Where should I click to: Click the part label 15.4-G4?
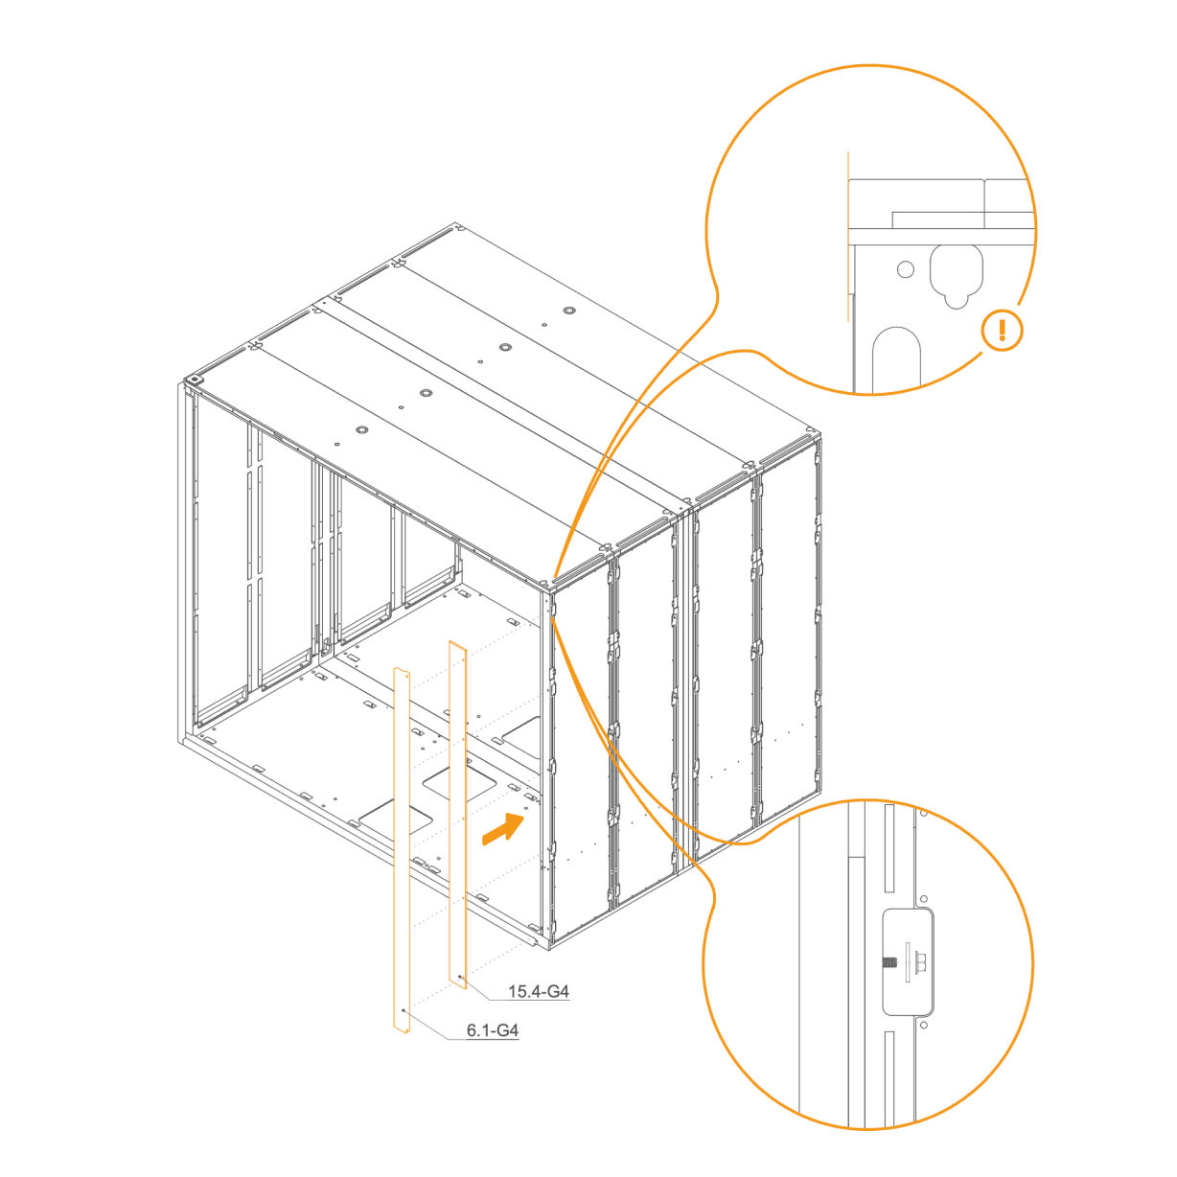pos(538,991)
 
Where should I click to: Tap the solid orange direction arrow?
pos(503,829)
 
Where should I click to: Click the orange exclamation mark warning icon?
pos(1002,331)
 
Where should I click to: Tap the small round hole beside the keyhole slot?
pos(905,268)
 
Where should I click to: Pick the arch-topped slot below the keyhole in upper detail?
pos(896,360)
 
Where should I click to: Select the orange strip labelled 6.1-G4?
pos(402,849)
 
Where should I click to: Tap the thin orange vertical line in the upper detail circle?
pos(848,236)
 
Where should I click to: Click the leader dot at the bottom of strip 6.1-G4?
pos(404,1010)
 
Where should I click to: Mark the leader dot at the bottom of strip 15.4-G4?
pos(459,978)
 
